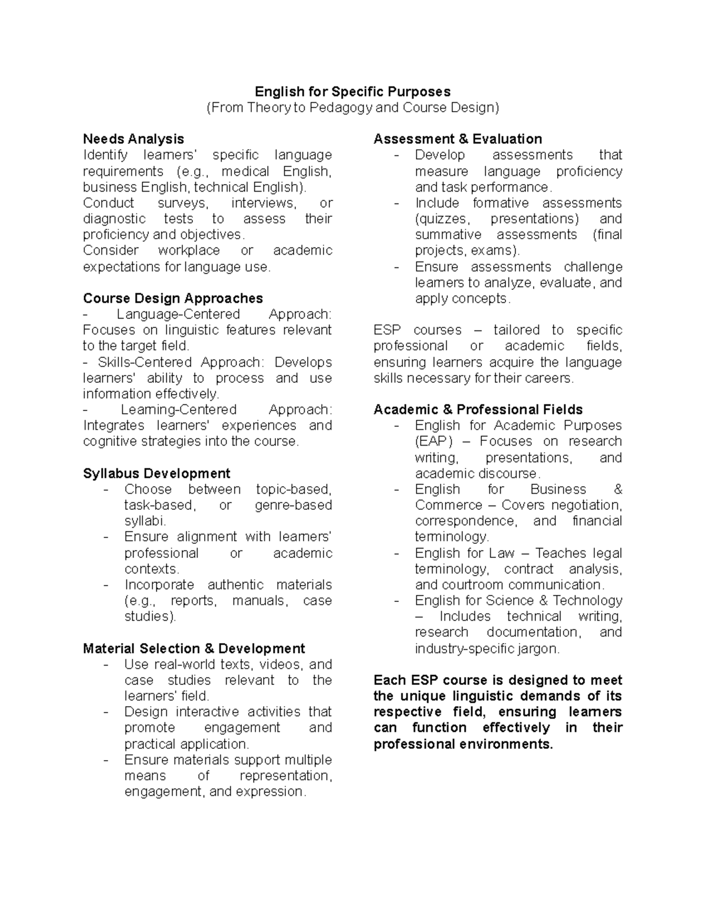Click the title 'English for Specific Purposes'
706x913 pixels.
click(x=352, y=92)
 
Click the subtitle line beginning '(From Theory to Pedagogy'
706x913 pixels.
click(x=352, y=108)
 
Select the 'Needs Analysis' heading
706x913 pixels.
click(x=134, y=139)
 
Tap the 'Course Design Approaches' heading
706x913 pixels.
click(x=172, y=299)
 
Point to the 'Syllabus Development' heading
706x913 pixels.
click(x=156, y=474)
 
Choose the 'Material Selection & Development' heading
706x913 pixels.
click(x=194, y=649)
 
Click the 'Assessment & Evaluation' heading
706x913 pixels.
click(x=458, y=139)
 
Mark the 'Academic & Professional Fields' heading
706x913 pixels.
click(x=478, y=410)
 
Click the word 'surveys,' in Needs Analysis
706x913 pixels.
click(x=182, y=203)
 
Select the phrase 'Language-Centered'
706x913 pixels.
click(x=178, y=315)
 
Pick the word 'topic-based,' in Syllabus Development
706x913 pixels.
click(x=294, y=490)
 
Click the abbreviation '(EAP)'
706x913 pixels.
click(x=434, y=442)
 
